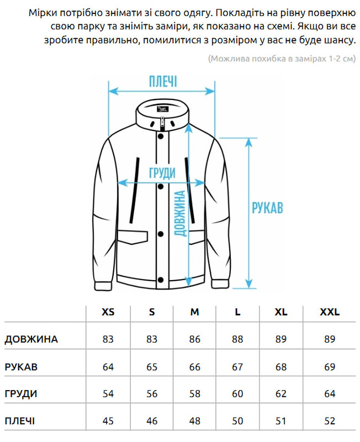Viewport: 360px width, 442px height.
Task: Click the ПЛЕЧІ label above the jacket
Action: click(x=163, y=82)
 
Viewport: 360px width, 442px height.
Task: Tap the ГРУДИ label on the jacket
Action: click(x=162, y=173)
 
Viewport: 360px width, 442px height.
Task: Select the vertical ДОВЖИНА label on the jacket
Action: click(x=179, y=213)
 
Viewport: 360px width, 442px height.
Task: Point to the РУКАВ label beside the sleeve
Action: click(x=267, y=208)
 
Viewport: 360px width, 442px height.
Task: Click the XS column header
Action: click(x=108, y=312)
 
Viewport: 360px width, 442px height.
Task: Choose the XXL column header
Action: click(x=330, y=312)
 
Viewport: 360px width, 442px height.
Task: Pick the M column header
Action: click(x=195, y=312)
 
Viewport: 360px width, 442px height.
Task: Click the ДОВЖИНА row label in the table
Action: click(x=31, y=339)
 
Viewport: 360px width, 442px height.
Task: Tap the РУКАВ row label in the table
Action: click(x=22, y=367)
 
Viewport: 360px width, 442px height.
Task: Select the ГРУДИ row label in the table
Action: click(x=21, y=394)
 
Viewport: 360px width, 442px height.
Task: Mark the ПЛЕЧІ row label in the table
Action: click(x=20, y=422)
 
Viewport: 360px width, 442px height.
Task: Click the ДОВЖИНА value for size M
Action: click(x=195, y=339)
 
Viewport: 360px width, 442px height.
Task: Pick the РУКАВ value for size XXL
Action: click(x=330, y=367)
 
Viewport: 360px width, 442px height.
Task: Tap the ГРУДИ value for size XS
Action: click(x=108, y=394)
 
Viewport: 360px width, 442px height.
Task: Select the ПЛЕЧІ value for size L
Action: click(x=237, y=422)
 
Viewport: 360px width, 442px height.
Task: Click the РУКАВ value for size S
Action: click(x=152, y=367)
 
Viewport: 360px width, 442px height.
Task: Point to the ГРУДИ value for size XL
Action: click(x=281, y=394)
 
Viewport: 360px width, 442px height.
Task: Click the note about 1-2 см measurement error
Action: click(x=280, y=59)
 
